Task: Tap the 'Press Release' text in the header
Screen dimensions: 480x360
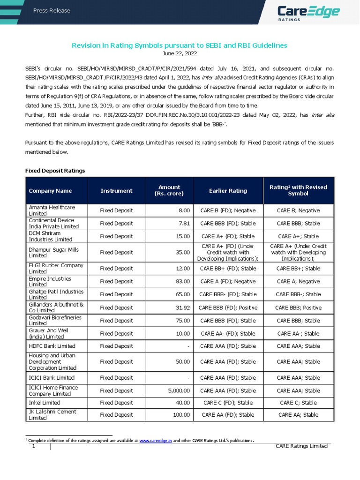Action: coord(52,11)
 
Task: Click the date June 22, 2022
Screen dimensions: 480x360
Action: coord(179,54)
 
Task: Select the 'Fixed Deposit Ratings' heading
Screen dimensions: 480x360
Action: coord(55,171)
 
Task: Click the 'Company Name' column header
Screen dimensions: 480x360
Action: coord(50,191)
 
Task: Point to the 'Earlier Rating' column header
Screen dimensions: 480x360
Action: coord(228,191)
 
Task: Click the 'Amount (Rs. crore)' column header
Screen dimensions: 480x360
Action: coord(169,190)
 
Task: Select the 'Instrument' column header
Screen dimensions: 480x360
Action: coord(116,191)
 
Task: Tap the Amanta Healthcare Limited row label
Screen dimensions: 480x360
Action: coord(52,210)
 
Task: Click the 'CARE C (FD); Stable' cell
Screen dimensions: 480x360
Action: coord(228,403)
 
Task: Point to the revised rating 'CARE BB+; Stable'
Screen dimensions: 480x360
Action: coord(298,269)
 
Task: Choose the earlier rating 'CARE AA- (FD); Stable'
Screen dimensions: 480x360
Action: coord(228,334)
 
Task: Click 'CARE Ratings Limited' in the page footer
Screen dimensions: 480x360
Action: coord(302,446)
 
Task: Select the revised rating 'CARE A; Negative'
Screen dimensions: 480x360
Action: coord(298,281)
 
